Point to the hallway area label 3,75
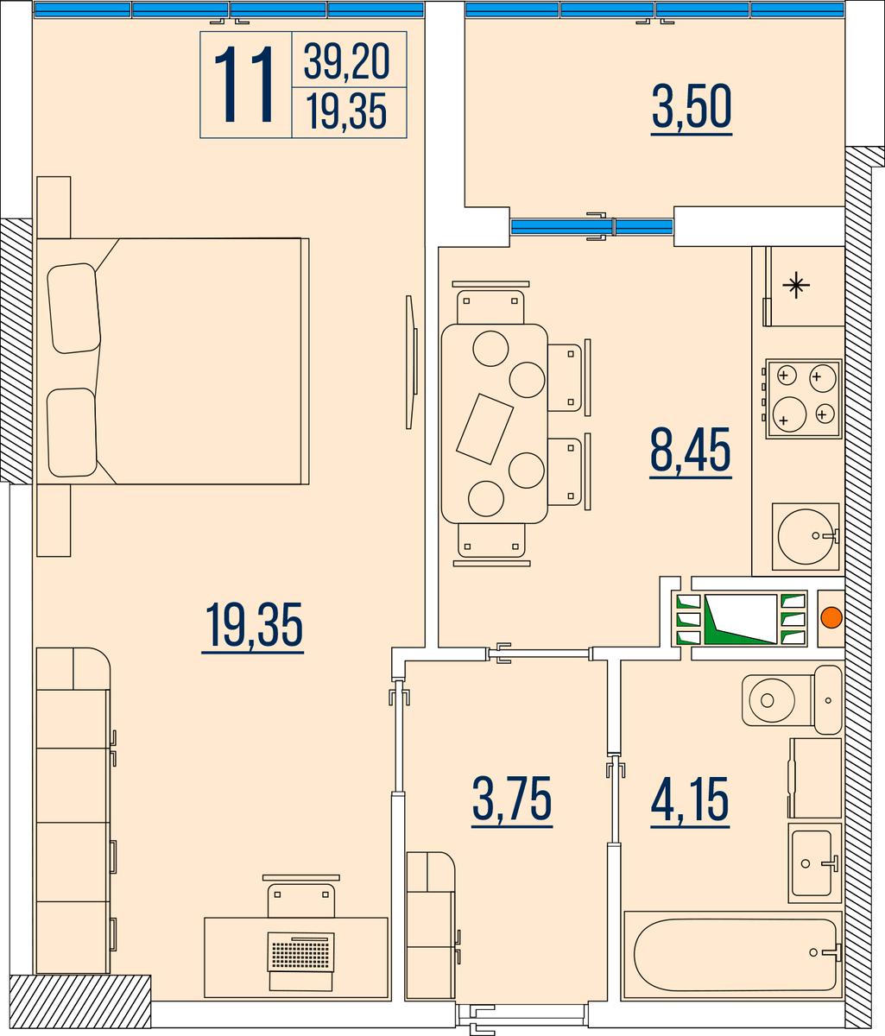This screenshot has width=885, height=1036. tap(512, 798)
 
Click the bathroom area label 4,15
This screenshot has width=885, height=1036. tap(690, 799)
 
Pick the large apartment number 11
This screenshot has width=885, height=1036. tap(244, 85)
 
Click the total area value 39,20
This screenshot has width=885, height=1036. tap(346, 60)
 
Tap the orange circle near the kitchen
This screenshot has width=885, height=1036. tap(832, 617)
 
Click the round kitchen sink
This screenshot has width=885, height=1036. tap(806, 536)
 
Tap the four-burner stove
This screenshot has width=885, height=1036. tap(803, 399)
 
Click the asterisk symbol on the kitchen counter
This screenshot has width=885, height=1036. tap(796, 286)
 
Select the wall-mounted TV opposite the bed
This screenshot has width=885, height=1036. tap(412, 362)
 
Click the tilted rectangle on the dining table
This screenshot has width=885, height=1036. tap(484, 428)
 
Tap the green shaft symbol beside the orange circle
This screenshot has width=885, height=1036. tap(741, 619)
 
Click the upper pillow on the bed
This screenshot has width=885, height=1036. tap(73, 308)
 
